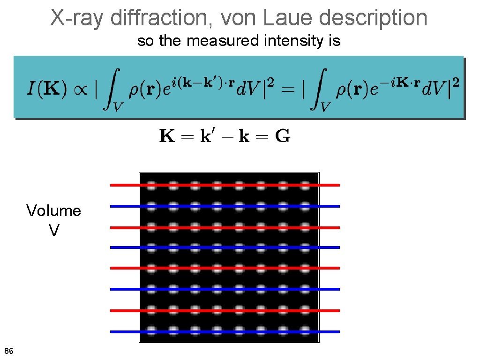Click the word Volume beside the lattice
tap(53, 211)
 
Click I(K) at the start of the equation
tap(46, 89)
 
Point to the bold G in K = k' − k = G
tap(282, 136)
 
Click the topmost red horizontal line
tap(122, 185)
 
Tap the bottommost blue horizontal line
tap(122, 331)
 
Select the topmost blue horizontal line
tap(122, 206)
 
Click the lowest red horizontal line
tap(122, 310)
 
